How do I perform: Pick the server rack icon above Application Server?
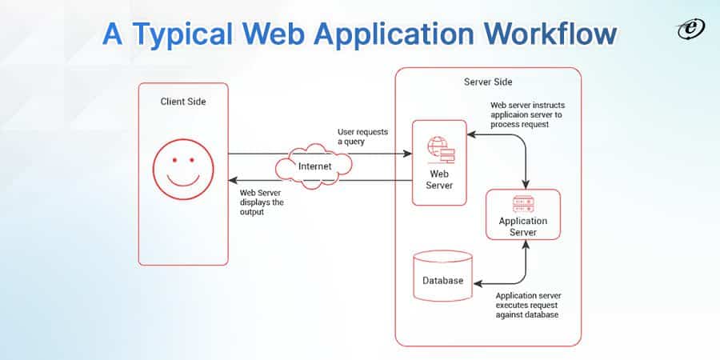pyautogui.click(x=523, y=204)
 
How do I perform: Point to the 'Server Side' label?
pyautogui.click(x=488, y=82)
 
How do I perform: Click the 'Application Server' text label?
pyautogui.click(x=523, y=226)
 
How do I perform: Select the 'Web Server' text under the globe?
pyautogui.click(x=439, y=179)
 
